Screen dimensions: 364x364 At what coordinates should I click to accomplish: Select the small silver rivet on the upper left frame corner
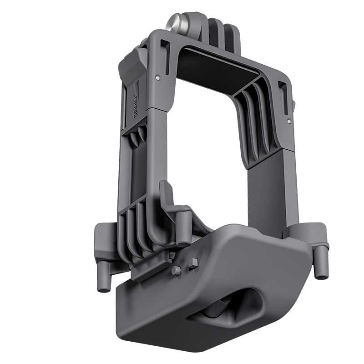click(157, 78)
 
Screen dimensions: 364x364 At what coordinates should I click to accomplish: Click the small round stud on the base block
click(176, 271)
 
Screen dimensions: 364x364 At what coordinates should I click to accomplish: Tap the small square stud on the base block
click(193, 263)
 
